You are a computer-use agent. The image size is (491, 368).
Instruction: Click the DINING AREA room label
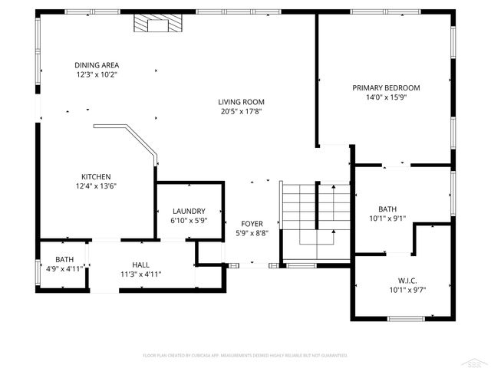click(x=97, y=65)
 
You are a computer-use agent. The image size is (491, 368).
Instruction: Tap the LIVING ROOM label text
click(x=241, y=102)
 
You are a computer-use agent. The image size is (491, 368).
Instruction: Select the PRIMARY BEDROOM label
click(x=386, y=87)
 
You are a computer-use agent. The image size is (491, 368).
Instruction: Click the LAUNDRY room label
click(x=189, y=211)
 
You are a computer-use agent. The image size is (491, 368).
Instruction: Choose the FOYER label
click(x=252, y=224)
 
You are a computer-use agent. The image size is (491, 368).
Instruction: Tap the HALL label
click(x=140, y=264)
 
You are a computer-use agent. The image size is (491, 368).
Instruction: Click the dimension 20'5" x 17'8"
click(x=241, y=112)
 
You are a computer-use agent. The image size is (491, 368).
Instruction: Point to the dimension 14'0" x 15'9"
click(x=386, y=97)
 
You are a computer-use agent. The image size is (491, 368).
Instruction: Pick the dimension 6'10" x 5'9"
click(x=189, y=221)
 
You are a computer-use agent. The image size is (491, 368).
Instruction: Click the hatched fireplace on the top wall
click(x=157, y=24)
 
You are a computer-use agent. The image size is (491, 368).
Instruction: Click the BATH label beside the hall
click(x=64, y=259)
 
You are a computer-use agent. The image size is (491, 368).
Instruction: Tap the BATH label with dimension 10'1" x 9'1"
click(x=387, y=209)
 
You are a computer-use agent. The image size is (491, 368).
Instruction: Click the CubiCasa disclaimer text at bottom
click(x=245, y=356)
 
